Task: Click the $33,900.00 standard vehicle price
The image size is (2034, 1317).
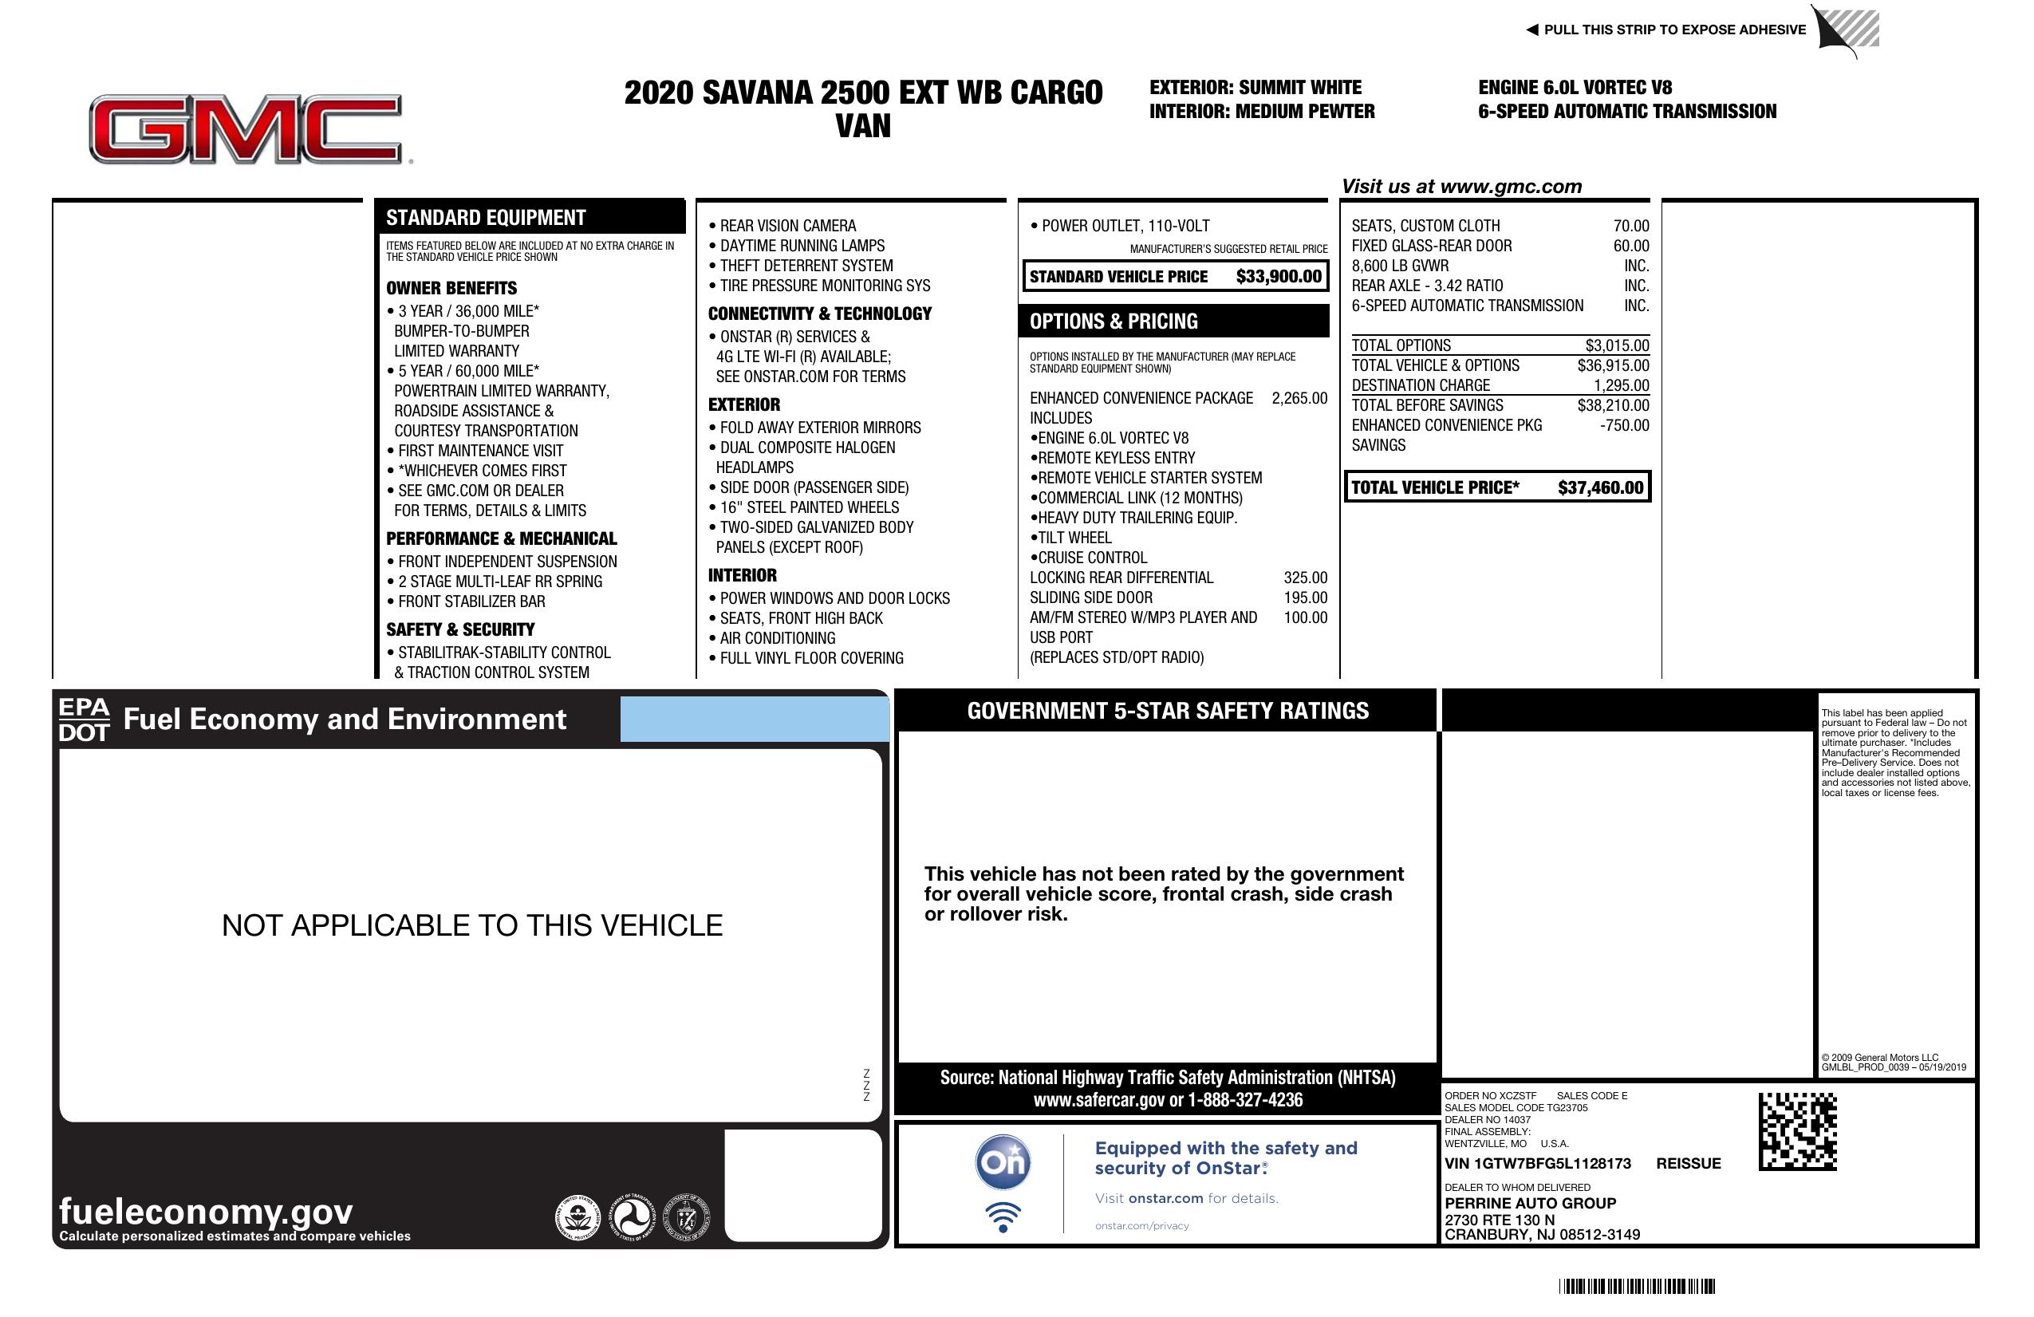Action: pyautogui.click(x=1278, y=276)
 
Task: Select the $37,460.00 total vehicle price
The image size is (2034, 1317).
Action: pyautogui.click(x=1599, y=488)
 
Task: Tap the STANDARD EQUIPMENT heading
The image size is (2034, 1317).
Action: pyautogui.click(x=486, y=218)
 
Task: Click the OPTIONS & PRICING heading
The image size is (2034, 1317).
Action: pyautogui.click(x=1113, y=321)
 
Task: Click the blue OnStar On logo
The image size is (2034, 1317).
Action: pyautogui.click(x=1003, y=1162)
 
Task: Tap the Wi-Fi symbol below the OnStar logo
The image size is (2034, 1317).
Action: pyautogui.click(x=1003, y=1217)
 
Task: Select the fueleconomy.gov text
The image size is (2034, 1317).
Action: pyautogui.click(x=205, y=1211)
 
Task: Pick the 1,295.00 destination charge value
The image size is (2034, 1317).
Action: pyautogui.click(x=1620, y=385)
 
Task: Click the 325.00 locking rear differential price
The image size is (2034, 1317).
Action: pyautogui.click(x=1305, y=578)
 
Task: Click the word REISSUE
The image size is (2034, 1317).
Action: pyautogui.click(x=1688, y=1163)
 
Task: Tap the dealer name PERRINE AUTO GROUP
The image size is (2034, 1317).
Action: pyautogui.click(x=1530, y=1202)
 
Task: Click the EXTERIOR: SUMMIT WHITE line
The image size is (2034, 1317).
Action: pyautogui.click(x=1255, y=87)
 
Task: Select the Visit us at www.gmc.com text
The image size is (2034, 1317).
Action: pyautogui.click(x=1461, y=187)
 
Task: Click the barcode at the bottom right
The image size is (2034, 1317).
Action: pyautogui.click(x=1636, y=1286)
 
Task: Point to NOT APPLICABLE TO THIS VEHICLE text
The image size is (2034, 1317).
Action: pyautogui.click(x=471, y=925)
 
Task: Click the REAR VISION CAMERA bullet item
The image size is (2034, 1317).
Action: pyautogui.click(x=786, y=226)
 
